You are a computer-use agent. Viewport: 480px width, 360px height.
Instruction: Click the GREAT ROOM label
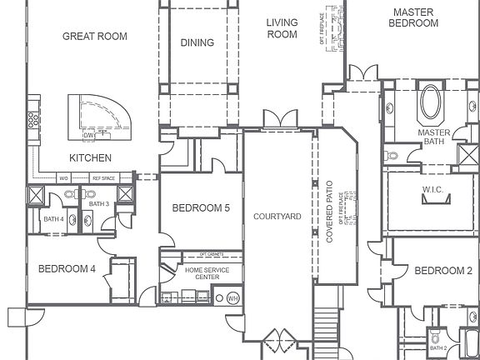95,37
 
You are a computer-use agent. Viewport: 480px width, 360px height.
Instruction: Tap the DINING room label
197,43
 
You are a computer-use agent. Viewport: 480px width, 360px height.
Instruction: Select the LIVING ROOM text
282,28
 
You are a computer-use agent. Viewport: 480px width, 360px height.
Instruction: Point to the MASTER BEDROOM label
414,17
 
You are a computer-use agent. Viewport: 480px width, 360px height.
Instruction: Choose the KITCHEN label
90,157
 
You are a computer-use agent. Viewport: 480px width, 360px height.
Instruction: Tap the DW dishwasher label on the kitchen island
87,135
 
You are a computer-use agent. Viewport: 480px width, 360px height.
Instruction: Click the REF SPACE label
103,178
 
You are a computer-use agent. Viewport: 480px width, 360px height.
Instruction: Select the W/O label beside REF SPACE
63,178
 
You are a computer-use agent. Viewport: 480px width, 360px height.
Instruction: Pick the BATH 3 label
98,204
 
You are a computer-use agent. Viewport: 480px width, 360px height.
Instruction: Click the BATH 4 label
53,219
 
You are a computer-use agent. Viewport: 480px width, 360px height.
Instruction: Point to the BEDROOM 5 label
201,208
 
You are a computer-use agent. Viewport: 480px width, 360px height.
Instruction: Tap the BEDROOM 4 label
66,268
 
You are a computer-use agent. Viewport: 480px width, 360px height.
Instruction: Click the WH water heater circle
232,297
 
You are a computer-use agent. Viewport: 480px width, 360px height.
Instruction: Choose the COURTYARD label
277,217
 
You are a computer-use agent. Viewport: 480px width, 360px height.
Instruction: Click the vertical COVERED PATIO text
330,214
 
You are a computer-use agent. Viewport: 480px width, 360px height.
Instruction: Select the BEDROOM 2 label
442,271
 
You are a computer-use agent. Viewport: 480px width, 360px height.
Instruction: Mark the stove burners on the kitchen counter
33,120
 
